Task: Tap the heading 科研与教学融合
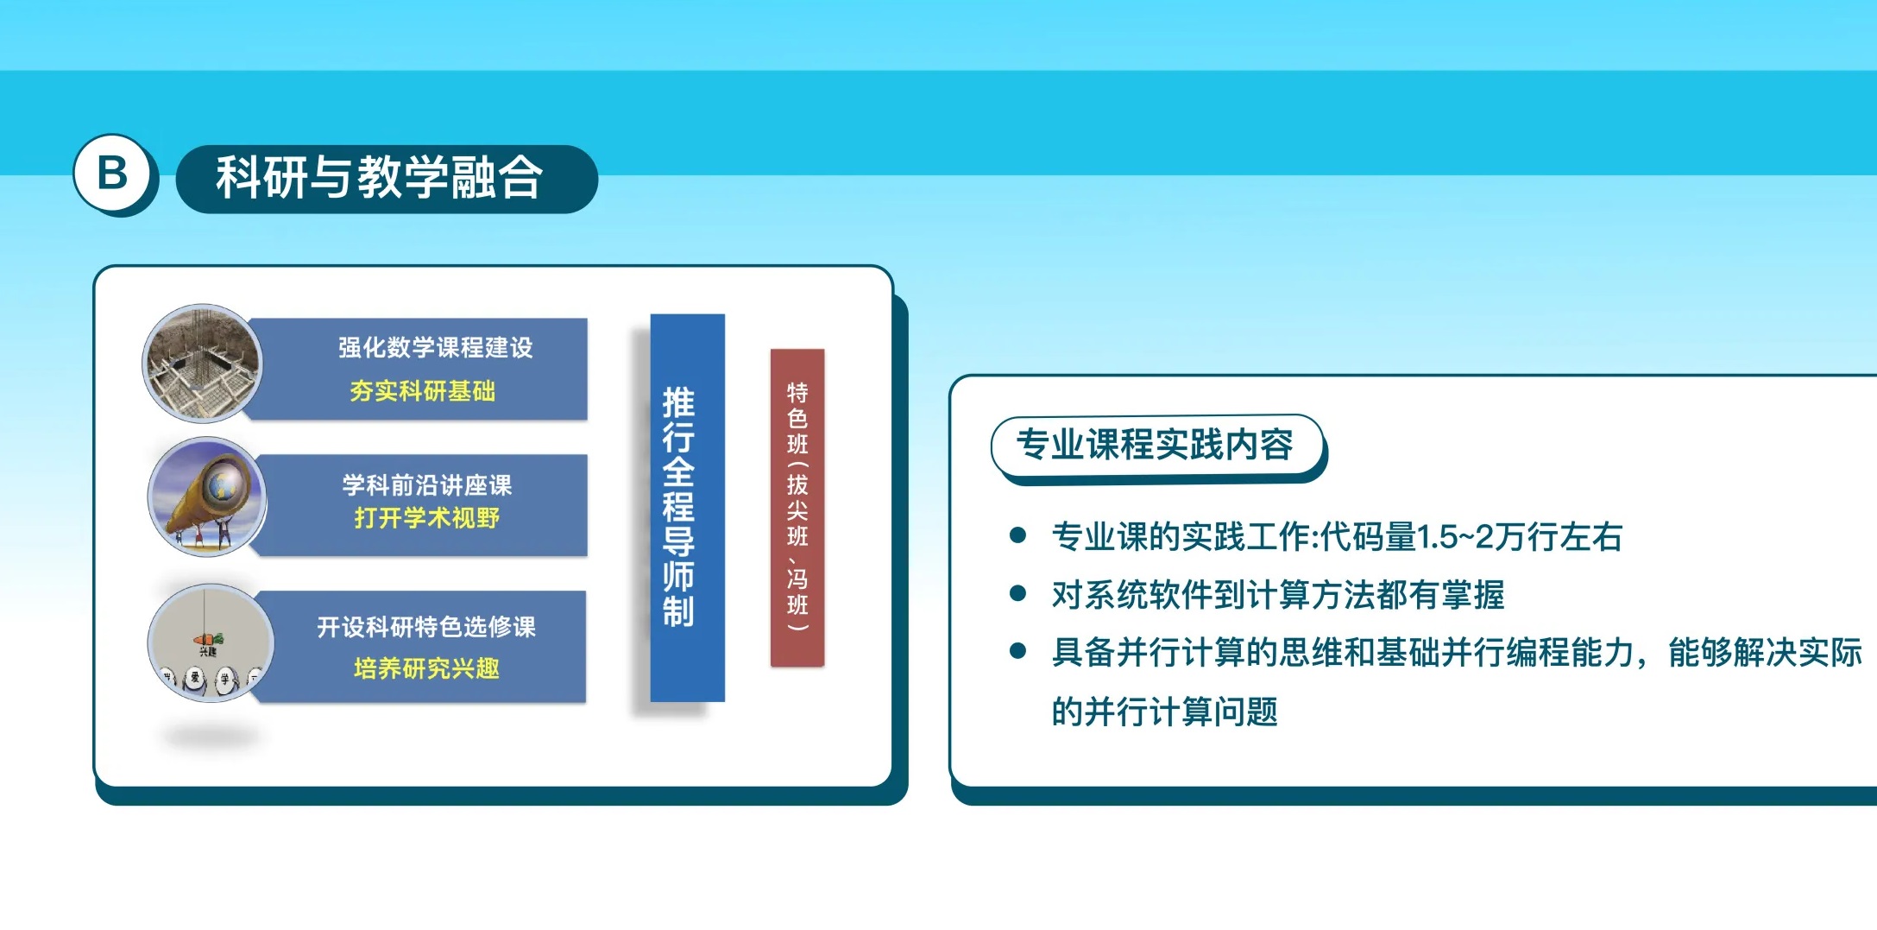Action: pyautogui.click(x=380, y=177)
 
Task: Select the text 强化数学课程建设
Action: pyautogui.click(x=436, y=347)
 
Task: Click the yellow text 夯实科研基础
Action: pyautogui.click(x=423, y=391)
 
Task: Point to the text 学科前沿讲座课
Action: pyautogui.click(x=427, y=484)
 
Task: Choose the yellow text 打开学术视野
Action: pyautogui.click(x=427, y=518)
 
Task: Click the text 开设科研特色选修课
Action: pyautogui.click(x=426, y=626)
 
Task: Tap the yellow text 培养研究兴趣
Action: pyautogui.click(x=426, y=668)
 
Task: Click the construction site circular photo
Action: pyautogui.click(x=203, y=364)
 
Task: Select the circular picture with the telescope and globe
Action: pyautogui.click(x=206, y=497)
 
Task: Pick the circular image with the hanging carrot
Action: pyautogui.click(x=211, y=643)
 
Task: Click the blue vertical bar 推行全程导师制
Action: pyautogui.click(x=687, y=508)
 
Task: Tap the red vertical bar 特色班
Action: pyautogui.click(x=797, y=508)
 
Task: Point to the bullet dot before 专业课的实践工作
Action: pyautogui.click(x=1017, y=535)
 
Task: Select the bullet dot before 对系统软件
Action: pyautogui.click(x=1017, y=593)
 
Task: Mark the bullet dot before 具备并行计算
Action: pyautogui.click(x=1017, y=651)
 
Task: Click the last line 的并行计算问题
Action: pyautogui.click(x=1164, y=712)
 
